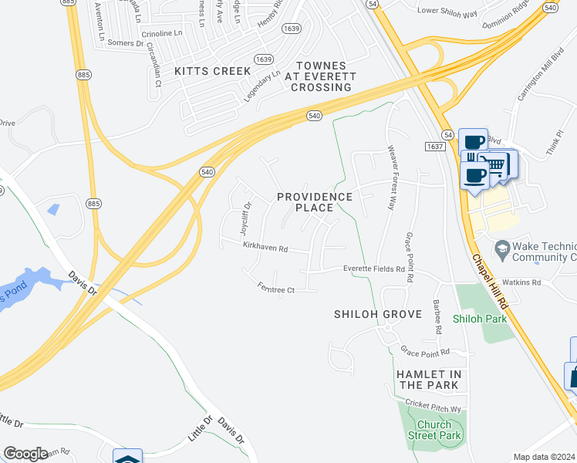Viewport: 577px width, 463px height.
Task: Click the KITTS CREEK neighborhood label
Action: (213, 71)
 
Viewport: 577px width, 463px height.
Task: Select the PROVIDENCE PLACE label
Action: (315, 202)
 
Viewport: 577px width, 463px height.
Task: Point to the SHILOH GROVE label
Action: (378, 314)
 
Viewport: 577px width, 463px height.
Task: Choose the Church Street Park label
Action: (439, 430)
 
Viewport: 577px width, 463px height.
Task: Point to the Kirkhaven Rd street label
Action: (265, 248)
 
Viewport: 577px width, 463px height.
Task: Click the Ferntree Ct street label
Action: (276, 289)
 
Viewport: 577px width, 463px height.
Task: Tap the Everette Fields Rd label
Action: (373, 269)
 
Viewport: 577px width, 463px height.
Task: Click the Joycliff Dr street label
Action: (245, 218)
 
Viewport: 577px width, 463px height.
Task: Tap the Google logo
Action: (25, 454)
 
